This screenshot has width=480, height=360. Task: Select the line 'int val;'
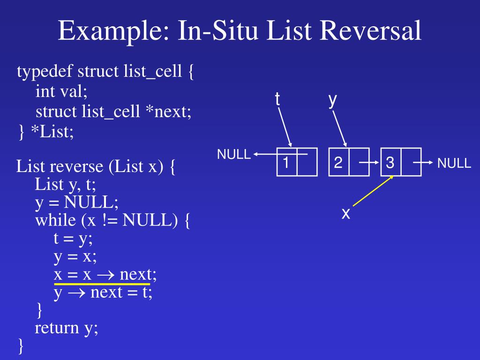coord(61,92)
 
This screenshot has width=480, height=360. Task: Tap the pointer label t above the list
coord(277,99)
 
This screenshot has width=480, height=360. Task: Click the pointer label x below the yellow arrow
coord(346,214)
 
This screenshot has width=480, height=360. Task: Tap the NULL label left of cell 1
coord(233,155)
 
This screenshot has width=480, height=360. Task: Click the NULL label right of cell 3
coord(454,164)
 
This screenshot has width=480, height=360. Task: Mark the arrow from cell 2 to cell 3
coord(369,163)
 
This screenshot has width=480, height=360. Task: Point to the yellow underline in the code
coord(102,284)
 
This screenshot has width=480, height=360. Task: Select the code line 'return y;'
coord(67,328)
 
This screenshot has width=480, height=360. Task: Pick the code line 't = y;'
coord(73,239)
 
